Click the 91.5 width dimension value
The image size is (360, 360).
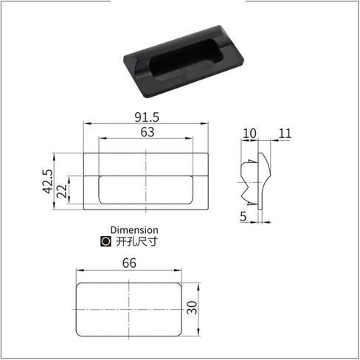coord(147,117)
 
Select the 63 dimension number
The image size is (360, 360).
coord(148,132)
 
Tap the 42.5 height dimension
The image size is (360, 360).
coord(48,181)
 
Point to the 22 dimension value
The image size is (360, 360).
coord(62,191)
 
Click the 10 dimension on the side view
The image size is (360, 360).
coord(249,134)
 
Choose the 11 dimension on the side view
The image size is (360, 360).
coord(285,134)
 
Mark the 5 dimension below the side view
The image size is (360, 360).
coord(243,217)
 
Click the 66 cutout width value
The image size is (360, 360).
coord(129,263)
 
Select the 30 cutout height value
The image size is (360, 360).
coord(192,308)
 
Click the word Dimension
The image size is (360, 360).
coord(134,230)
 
